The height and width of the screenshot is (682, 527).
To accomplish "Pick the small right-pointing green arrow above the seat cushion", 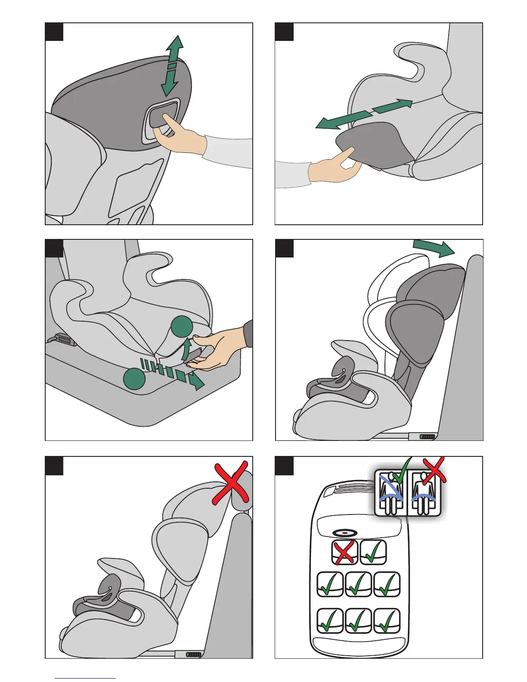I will coord(392,106).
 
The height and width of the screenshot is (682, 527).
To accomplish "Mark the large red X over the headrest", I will coord(232,482).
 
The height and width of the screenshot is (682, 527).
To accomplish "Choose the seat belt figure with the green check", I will coord(391,493).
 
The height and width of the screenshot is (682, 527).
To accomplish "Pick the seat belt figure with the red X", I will coord(424,493).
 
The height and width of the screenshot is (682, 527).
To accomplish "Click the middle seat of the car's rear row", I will coord(359,620).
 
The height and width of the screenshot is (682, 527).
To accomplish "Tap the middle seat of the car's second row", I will coord(359,584).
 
